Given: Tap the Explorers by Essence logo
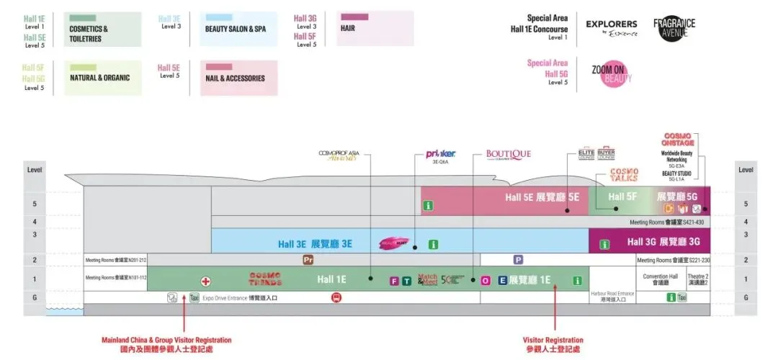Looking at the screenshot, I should [x=612, y=29].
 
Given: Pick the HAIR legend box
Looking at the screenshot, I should [x=375, y=28].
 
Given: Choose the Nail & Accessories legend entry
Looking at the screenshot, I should [x=238, y=78].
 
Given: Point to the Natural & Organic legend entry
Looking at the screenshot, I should [x=102, y=78].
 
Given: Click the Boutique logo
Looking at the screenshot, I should [x=508, y=154].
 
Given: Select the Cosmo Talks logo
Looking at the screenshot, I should [x=624, y=175].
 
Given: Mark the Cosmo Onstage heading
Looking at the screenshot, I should [x=677, y=140].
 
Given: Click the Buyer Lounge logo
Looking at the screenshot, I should [x=606, y=154].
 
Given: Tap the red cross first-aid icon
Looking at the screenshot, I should [x=205, y=280].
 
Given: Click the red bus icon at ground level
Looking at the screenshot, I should [x=336, y=297].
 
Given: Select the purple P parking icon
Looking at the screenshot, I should [x=518, y=259].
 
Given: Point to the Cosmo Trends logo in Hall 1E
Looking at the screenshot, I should [x=266, y=279].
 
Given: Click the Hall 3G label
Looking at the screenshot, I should [x=663, y=242].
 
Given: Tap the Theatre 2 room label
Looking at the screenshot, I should [x=697, y=279].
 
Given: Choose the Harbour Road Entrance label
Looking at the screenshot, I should [x=612, y=296].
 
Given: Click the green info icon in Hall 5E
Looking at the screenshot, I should [x=428, y=206].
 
